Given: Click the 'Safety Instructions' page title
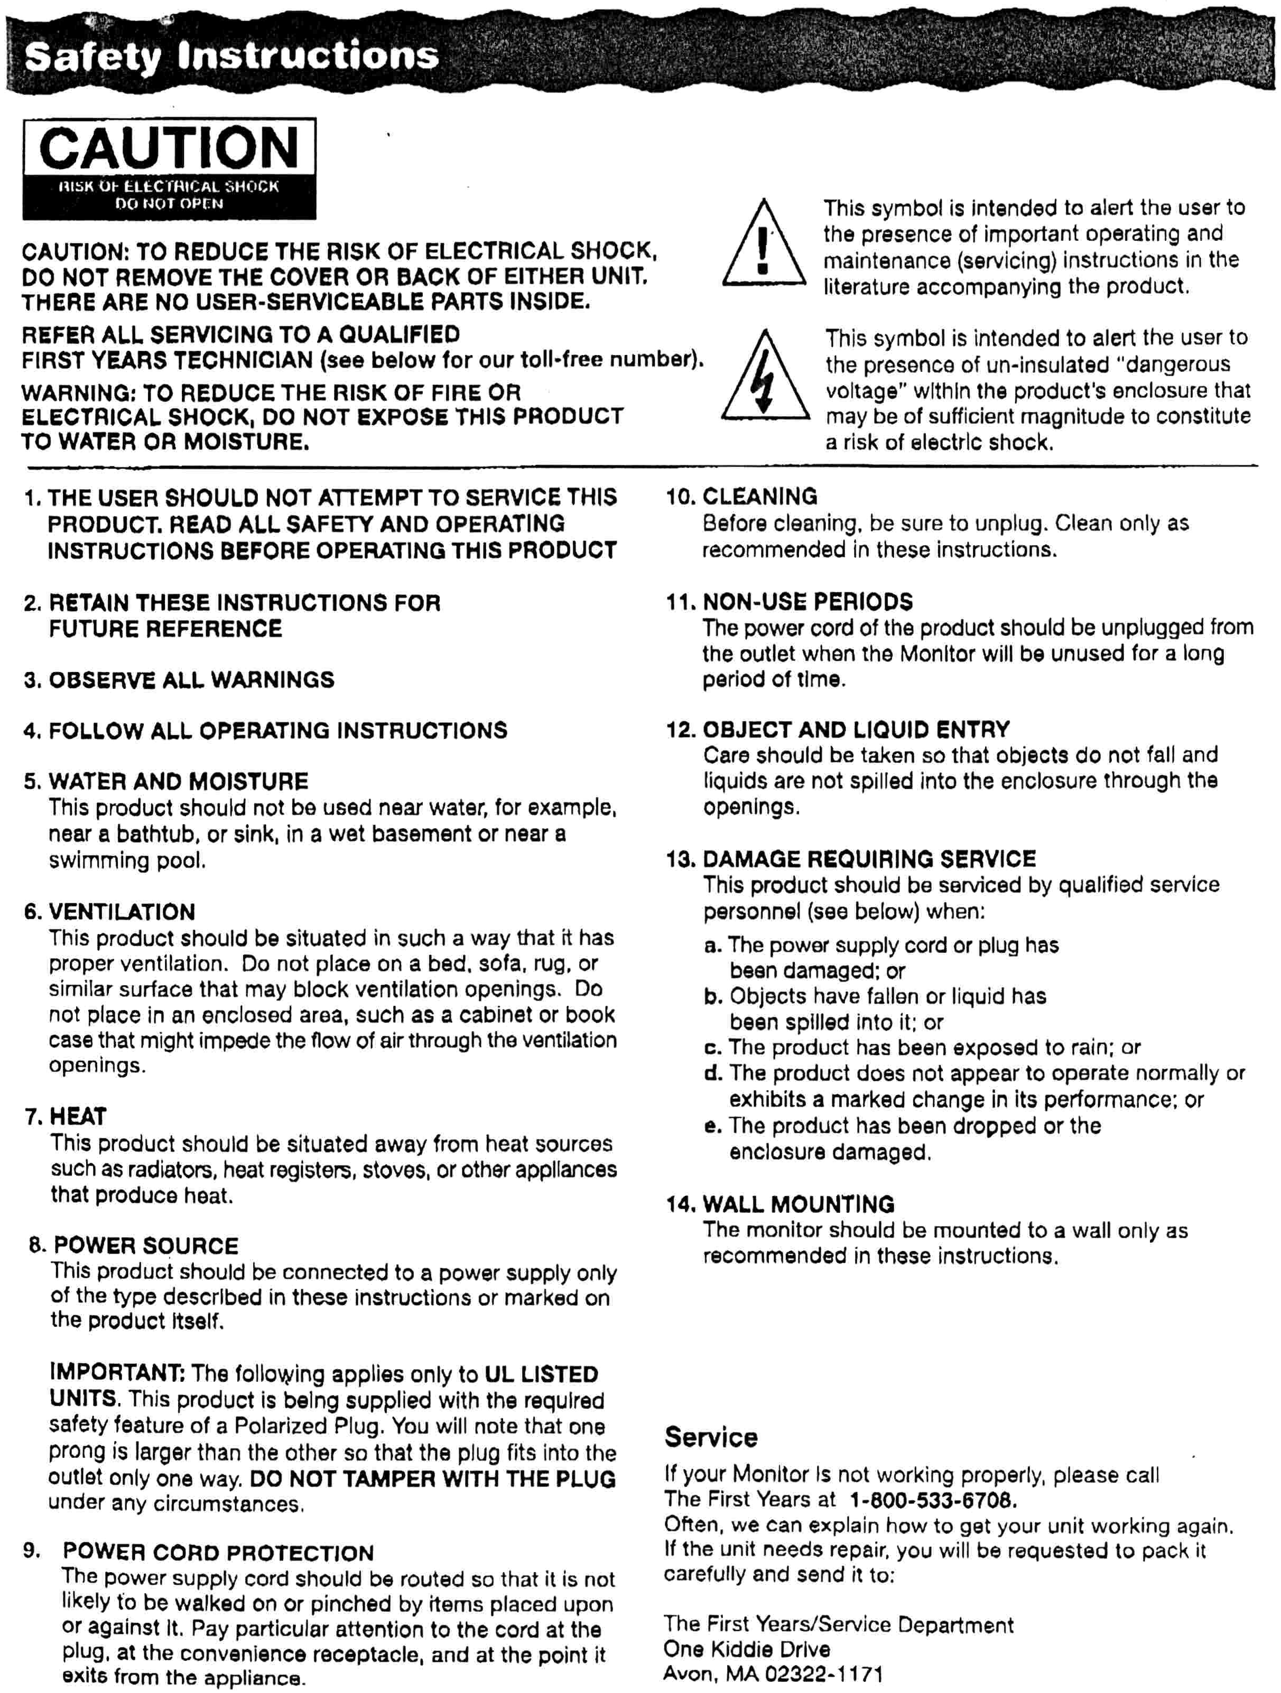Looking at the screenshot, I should tap(231, 56).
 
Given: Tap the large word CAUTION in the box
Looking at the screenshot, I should tap(169, 148).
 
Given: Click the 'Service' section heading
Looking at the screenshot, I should tap(711, 1437).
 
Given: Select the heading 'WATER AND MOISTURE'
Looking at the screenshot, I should tap(179, 781).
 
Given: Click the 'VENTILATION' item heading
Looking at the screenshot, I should tap(122, 912).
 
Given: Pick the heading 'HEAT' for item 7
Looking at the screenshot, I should tap(78, 1117).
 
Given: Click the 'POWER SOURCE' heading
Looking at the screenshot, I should tap(145, 1246).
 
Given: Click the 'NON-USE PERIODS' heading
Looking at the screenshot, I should tap(808, 602).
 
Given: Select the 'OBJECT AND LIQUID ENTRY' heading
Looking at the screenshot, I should tap(856, 729).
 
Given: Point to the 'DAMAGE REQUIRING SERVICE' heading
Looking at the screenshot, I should tap(869, 859).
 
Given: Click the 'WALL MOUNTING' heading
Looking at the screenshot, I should tap(799, 1205).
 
